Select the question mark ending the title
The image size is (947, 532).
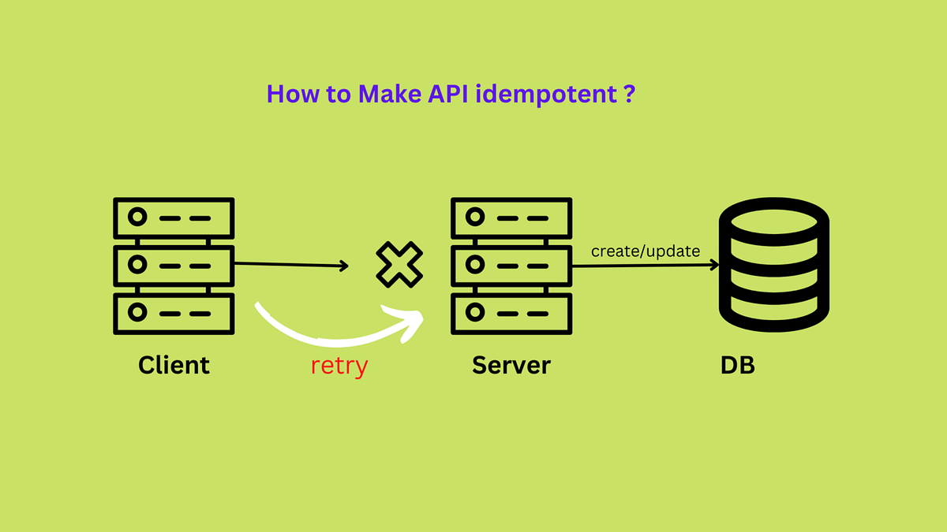[x=629, y=95]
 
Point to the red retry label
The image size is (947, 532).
[x=339, y=366]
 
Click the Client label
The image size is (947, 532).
[x=174, y=366]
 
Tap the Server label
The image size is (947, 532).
[x=511, y=366]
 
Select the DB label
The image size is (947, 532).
[x=737, y=366]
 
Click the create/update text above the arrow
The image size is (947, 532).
[x=646, y=251]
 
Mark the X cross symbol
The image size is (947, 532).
[x=399, y=265]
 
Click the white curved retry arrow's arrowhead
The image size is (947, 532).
[x=409, y=320]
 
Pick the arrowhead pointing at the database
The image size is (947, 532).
[x=714, y=266]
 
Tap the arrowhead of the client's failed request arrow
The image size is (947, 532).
[x=344, y=266]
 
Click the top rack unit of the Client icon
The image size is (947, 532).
[x=174, y=217]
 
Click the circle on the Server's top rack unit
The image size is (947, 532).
[x=475, y=217]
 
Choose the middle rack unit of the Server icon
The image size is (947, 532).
[x=511, y=265]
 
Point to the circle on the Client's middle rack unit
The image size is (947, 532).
[x=138, y=265]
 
